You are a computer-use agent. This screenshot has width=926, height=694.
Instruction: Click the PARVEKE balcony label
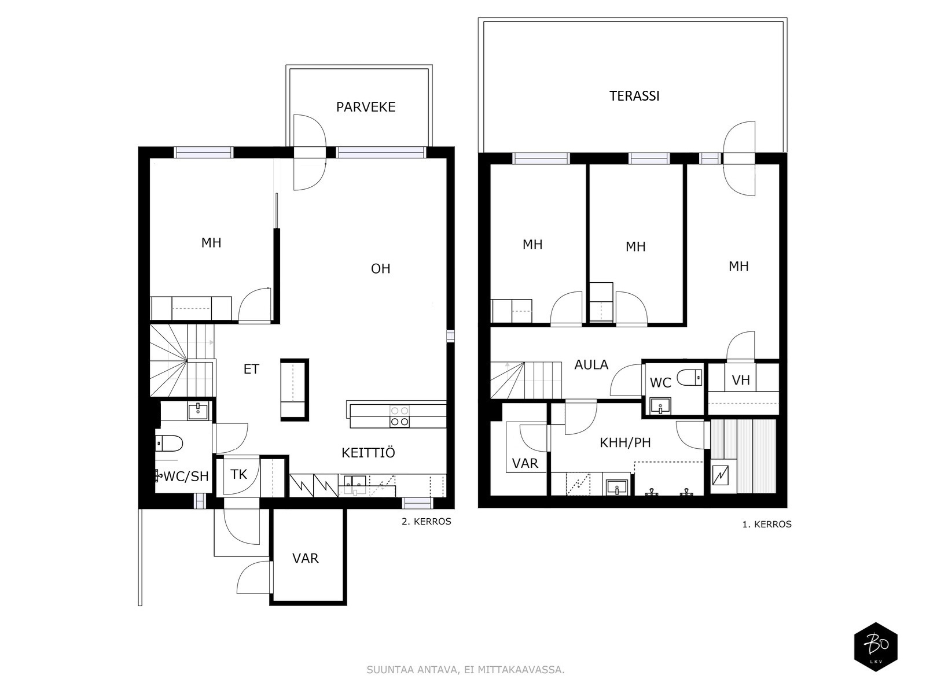pos(366,107)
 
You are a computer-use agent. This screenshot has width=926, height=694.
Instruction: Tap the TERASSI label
pos(634,96)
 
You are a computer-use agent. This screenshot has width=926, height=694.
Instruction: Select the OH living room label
pos(380,268)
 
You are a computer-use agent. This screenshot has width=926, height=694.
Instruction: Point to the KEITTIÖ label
pos(368,453)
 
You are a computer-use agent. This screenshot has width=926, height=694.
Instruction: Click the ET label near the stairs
pos(251,369)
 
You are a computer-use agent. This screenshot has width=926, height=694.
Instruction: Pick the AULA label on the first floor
pos(591,364)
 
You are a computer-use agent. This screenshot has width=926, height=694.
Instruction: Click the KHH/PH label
pos(625,442)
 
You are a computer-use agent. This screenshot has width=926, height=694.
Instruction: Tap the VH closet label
pos(741,380)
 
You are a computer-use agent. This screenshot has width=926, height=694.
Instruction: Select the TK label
pos(238,474)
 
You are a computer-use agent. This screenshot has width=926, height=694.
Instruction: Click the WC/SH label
pos(186,476)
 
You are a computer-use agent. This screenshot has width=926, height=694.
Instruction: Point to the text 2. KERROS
pos(426,522)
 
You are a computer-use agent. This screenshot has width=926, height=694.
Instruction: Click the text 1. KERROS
pos(766,525)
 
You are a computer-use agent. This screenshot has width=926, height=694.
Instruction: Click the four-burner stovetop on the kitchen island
pos(399,415)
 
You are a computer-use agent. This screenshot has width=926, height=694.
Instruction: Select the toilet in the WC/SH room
pos(169,443)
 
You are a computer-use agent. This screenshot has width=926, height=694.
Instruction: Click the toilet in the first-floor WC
pos(689,378)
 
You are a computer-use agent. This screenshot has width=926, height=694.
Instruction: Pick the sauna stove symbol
pos(720,475)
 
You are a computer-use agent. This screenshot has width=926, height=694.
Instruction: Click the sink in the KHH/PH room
pos(617,488)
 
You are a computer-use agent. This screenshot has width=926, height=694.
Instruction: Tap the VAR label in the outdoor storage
pos(306,558)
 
